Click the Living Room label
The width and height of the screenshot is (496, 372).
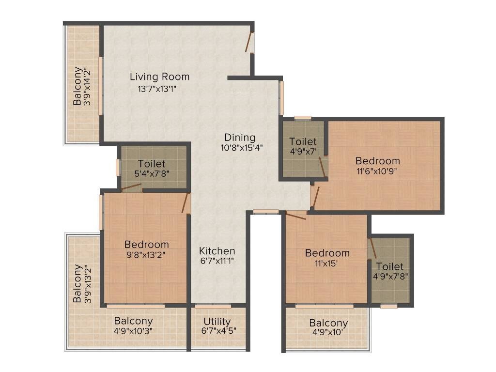(x=159, y=77)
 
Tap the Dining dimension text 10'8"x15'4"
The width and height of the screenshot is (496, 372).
(x=242, y=148)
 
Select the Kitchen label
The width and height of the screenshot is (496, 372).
(x=217, y=251)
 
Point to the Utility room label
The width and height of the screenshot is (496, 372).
(x=217, y=322)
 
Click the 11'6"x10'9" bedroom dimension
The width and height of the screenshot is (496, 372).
(x=378, y=171)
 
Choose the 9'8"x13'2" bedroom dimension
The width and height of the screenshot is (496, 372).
(x=146, y=255)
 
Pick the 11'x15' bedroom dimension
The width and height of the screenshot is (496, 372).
(x=327, y=263)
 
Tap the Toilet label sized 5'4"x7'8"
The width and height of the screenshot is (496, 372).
(x=151, y=164)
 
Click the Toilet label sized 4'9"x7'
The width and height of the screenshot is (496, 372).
(x=303, y=141)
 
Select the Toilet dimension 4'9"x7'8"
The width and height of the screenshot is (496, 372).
(x=390, y=277)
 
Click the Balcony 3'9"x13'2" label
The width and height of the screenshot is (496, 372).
(x=77, y=283)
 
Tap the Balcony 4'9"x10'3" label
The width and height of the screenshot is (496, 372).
(x=133, y=321)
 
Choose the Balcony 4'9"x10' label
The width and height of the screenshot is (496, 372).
(x=328, y=323)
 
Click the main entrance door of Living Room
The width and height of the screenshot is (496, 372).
(x=250, y=43)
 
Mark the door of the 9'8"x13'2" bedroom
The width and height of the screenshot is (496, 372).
(x=186, y=203)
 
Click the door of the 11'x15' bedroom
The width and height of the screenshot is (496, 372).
(x=295, y=216)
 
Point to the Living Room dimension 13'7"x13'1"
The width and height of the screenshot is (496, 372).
(x=159, y=89)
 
